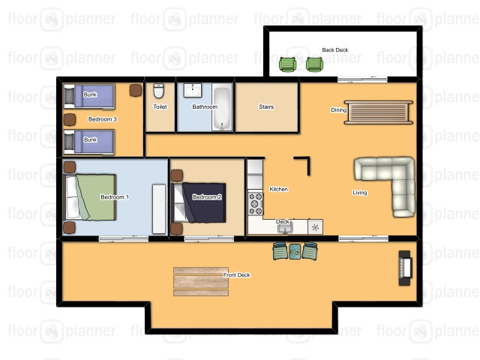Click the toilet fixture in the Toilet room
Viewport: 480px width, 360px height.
coord(158,91)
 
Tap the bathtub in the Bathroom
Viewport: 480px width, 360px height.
coord(222,109)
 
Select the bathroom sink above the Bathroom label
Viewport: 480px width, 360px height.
coord(193,90)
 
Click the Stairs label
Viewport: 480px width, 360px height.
coord(266,106)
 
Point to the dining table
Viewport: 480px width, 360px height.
coord(378,112)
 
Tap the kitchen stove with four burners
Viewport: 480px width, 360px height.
coord(256,203)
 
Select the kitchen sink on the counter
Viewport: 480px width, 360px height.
coord(285,227)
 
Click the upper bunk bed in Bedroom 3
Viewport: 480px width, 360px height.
coord(89,96)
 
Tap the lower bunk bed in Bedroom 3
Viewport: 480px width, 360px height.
coord(89,142)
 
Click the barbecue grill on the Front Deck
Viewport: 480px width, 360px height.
coord(405,268)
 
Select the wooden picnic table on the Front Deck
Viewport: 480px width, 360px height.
coord(201,282)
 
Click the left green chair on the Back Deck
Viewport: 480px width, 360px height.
coord(287,64)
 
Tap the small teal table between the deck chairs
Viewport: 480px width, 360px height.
coord(295,251)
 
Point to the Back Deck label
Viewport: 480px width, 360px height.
coord(335,50)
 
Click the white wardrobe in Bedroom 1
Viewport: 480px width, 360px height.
coord(159,208)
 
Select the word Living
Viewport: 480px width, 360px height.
coord(360,193)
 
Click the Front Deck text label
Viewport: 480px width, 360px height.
coord(237,275)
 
